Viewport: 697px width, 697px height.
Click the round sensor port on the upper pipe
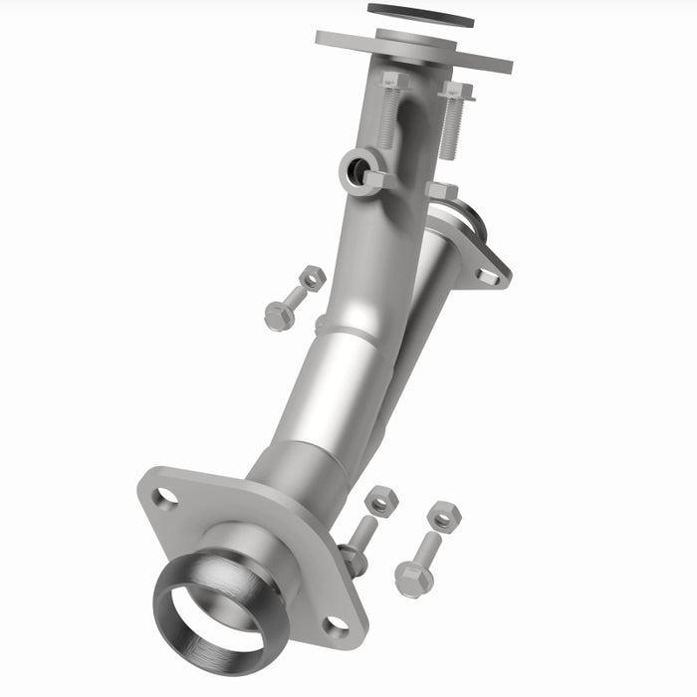pyautogui.click(x=354, y=171)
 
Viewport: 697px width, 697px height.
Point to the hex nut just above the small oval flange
pyautogui.click(x=441, y=191)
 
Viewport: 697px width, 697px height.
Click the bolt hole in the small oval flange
pyautogui.click(x=487, y=275)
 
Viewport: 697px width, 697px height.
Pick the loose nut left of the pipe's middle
pyautogui.click(x=313, y=278)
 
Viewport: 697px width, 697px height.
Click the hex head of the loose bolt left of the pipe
pyautogui.click(x=278, y=316)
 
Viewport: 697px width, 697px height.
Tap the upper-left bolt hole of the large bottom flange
pyautogui.click(x=165, y=497)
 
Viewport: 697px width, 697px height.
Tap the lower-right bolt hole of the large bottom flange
pyautogui.click(x=338, y=627)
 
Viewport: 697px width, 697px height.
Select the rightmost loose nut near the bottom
pyautogui.click(x=443, y=516)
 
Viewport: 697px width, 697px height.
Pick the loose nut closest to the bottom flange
pyautogui.click(x=379, y=500)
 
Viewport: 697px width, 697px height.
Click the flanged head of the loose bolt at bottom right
pyautogui.click(x=412, y=580)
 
